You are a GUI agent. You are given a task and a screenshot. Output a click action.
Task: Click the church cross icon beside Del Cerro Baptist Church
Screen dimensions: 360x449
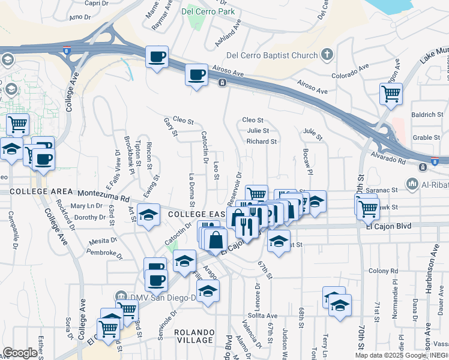pos(327,56)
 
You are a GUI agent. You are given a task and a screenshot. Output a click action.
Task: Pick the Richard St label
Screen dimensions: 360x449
pos(261,142)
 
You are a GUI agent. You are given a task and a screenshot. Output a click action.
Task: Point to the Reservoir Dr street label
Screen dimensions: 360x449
pos(238,187)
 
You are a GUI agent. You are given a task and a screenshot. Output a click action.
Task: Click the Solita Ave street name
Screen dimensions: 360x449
pos(264,316)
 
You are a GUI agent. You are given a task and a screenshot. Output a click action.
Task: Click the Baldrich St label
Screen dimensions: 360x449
pos(427,114)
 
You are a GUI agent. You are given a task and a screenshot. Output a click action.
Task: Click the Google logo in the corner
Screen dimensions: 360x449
pos(20,353)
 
